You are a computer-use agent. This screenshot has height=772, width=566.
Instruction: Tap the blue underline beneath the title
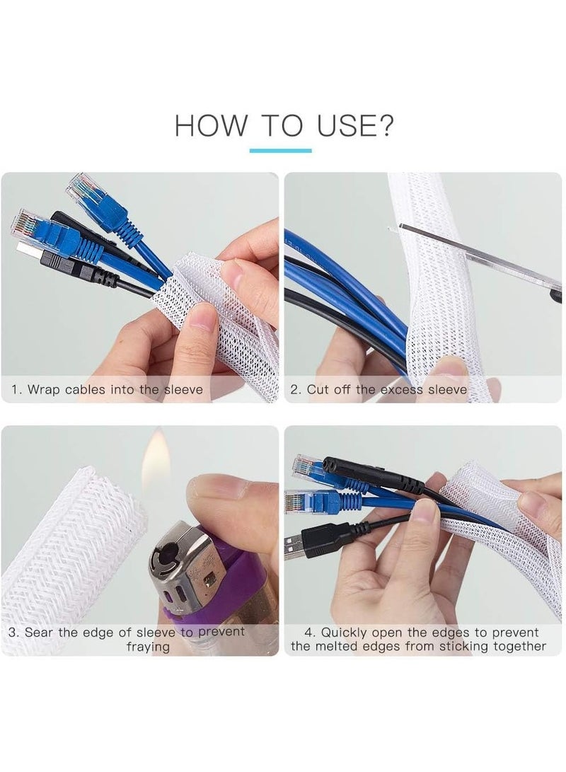280,150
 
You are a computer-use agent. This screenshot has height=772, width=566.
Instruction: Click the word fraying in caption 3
148,646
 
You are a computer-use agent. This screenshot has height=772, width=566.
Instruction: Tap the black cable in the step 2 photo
333,311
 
